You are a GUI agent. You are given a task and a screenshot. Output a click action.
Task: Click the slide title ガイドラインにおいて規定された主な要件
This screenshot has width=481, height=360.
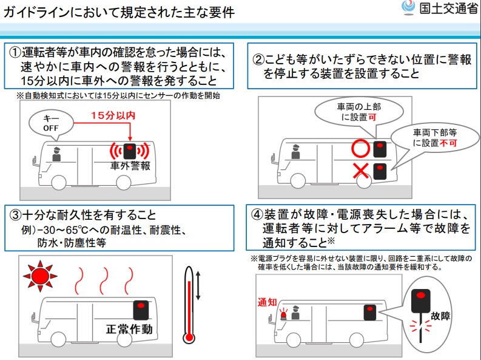(x=119, y=12)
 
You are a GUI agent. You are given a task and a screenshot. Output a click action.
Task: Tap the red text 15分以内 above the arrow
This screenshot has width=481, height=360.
(x=113, y=115)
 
